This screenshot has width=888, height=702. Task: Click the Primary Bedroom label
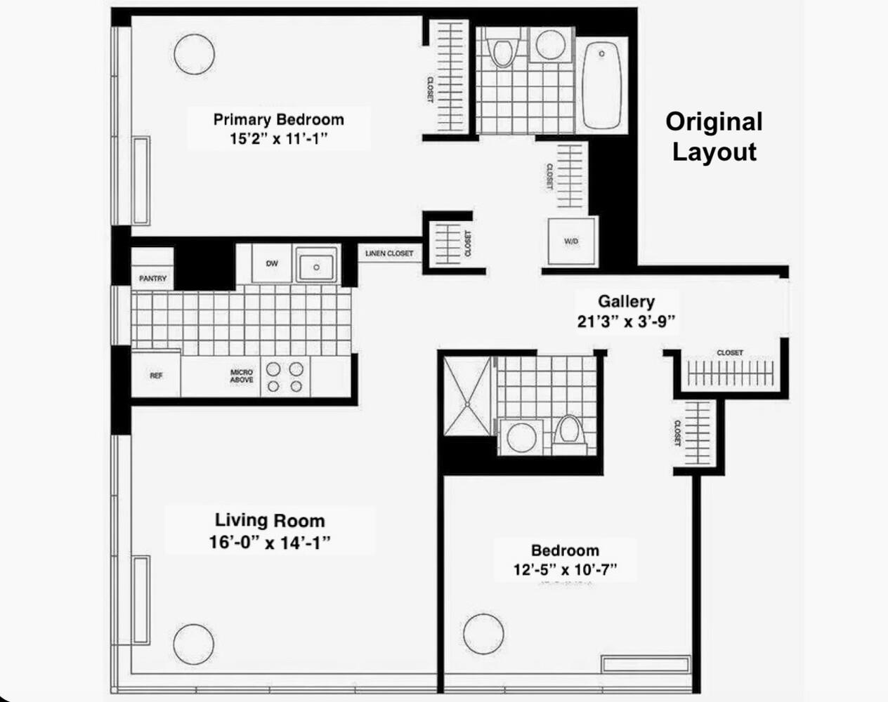[x=278, y=119]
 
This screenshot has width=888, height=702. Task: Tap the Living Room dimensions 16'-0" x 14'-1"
[x=270, y=543]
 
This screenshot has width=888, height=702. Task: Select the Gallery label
[x=626, y=302]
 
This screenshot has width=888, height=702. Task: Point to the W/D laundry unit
[x=572, y=241]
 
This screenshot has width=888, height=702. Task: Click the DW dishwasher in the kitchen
[x=272, y=264]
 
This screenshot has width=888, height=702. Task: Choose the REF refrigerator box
[x=156, y=376]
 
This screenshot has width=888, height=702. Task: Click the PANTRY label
[x=152, y=279]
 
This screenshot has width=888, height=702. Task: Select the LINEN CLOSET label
[x=389, y=253]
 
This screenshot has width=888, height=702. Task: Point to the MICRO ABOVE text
[x=242, y=376]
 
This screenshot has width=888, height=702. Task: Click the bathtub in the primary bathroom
[x=602, y=84]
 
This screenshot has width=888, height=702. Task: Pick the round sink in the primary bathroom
[x=550, y=45]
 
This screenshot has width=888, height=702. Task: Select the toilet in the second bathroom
[x=568, y=432]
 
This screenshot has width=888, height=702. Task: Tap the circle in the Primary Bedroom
[x=194, y=54]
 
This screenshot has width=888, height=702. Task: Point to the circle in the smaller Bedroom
[x=483, y=634]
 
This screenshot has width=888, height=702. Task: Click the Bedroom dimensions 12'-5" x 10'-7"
[x=565, y=569]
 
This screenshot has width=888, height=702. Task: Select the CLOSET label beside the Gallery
[x=730, y=352]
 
